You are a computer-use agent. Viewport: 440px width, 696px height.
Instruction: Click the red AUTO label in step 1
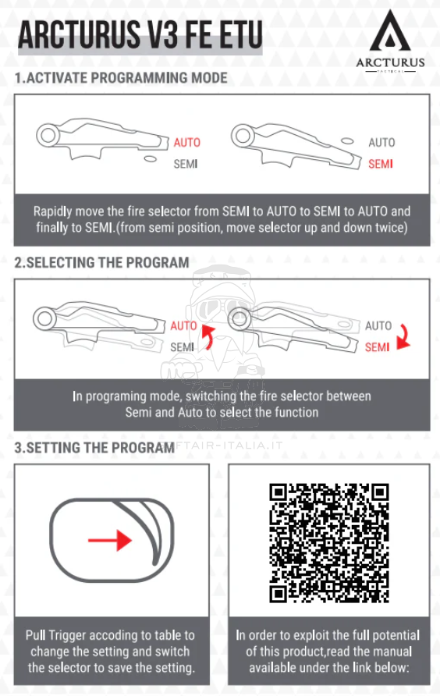pos(186,142)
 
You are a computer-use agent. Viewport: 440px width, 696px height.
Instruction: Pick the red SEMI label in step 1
pos(381,164)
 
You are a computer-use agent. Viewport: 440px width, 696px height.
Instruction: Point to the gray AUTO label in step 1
pos(381,142)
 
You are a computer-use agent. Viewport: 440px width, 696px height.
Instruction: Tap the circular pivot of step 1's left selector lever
pos(48,136)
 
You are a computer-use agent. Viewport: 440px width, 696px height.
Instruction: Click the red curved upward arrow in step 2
pos(208,336)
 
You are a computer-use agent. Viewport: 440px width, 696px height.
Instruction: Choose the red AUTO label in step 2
pos(183,325)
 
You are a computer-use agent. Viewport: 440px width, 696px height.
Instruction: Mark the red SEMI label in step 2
pos(377,347)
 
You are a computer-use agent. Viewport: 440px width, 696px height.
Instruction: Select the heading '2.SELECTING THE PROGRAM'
pos(101,262)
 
